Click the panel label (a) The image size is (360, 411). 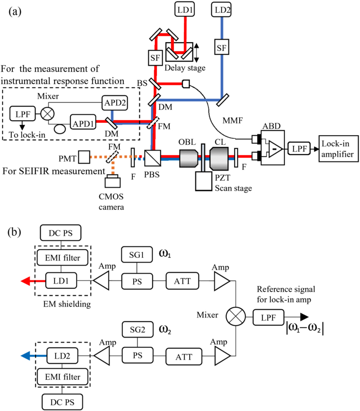pyautogui.click(x=16, y=12)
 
